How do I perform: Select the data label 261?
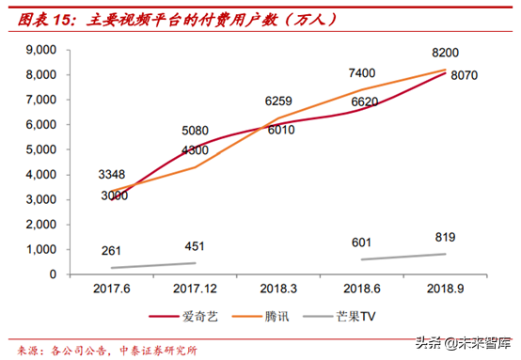tap(114, 250)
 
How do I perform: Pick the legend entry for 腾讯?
tap(282, 317)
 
